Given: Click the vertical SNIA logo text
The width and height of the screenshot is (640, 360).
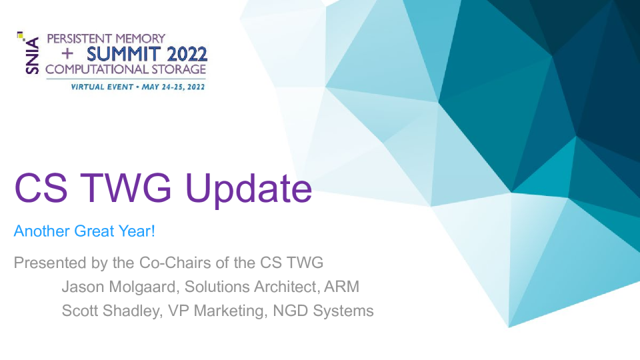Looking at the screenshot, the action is [33, 55].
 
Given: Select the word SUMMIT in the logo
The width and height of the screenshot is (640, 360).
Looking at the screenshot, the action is [123, 54].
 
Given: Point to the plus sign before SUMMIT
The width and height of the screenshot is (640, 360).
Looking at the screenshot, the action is [67, 53].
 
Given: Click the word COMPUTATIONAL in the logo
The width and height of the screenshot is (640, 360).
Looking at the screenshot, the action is [97, 69].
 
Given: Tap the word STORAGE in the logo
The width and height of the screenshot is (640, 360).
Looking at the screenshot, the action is [179, 69].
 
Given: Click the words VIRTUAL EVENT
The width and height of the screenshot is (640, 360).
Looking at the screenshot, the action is [102, 87].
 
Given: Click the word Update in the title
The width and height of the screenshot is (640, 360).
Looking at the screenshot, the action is [249, 188].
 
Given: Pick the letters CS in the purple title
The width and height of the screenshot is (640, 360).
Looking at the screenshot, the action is [41, 188].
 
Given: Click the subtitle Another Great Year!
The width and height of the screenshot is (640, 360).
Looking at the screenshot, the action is [85, 231].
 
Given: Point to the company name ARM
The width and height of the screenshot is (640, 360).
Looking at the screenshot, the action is [341, 287].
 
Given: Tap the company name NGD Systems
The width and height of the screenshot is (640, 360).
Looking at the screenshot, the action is [323, 311].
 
